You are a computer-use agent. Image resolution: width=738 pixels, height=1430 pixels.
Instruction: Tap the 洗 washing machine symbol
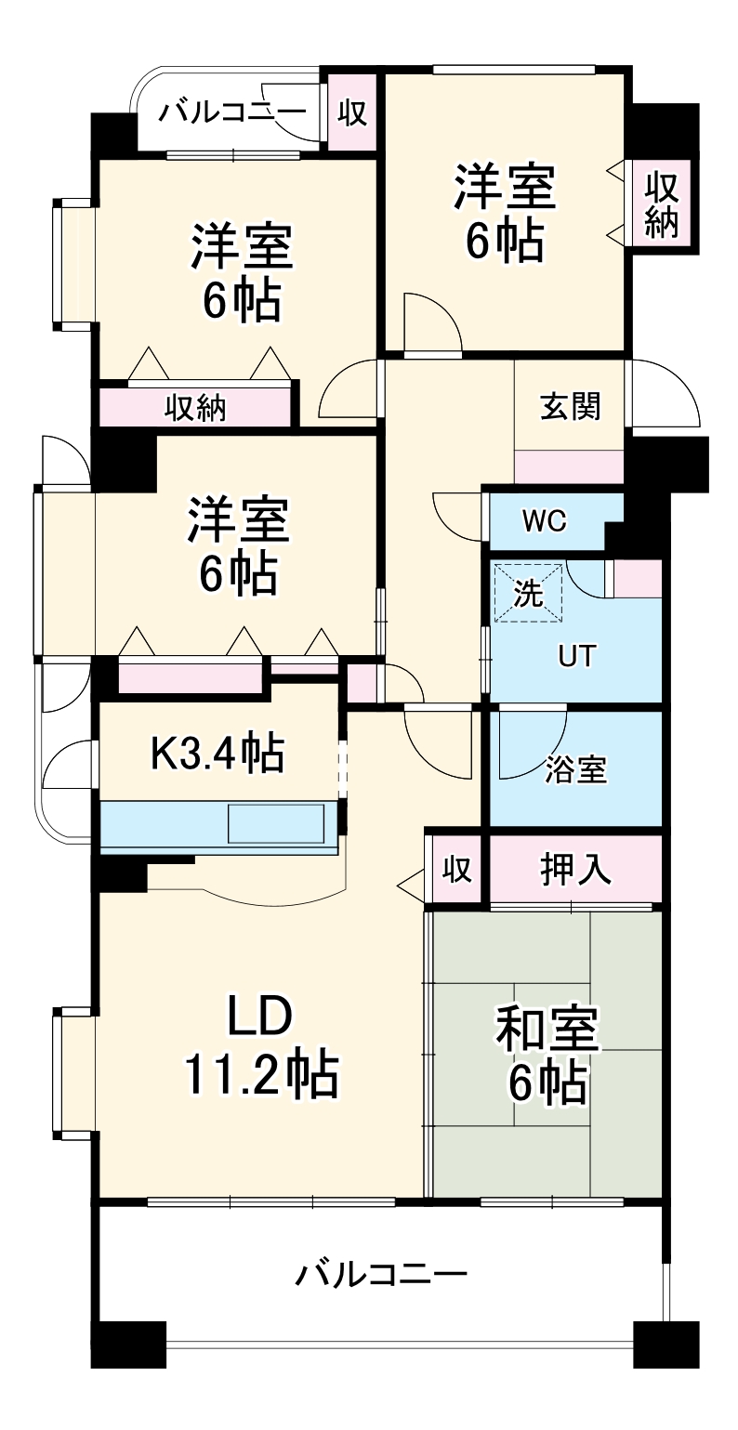click(528, 594)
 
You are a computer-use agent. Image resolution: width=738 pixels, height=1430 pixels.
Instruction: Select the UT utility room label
click(573, 656)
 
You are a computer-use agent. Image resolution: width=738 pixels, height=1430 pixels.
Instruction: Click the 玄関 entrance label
click(570, 406)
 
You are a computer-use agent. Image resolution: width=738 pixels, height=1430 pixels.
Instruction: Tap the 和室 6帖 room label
click(547, 1056)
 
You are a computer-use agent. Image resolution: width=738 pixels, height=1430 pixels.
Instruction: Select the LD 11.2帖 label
click(260, 1047)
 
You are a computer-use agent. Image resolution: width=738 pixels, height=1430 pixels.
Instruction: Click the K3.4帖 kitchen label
click(217, 754)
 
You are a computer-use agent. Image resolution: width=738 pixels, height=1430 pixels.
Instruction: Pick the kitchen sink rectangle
click(277, 823)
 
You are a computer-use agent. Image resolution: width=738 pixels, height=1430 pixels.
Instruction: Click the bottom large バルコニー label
click(380, 1274)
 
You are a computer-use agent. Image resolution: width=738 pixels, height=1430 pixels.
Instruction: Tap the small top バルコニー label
click(231, 113)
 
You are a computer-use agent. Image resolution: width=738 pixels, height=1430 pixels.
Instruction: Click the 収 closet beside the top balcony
click(351, 113)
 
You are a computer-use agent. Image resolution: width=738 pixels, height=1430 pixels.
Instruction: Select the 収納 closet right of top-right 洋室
click(662, 205)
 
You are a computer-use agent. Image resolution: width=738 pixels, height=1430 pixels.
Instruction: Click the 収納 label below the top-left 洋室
click(196, 408)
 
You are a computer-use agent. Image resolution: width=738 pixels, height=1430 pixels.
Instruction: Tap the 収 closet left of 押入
click(455, 871)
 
